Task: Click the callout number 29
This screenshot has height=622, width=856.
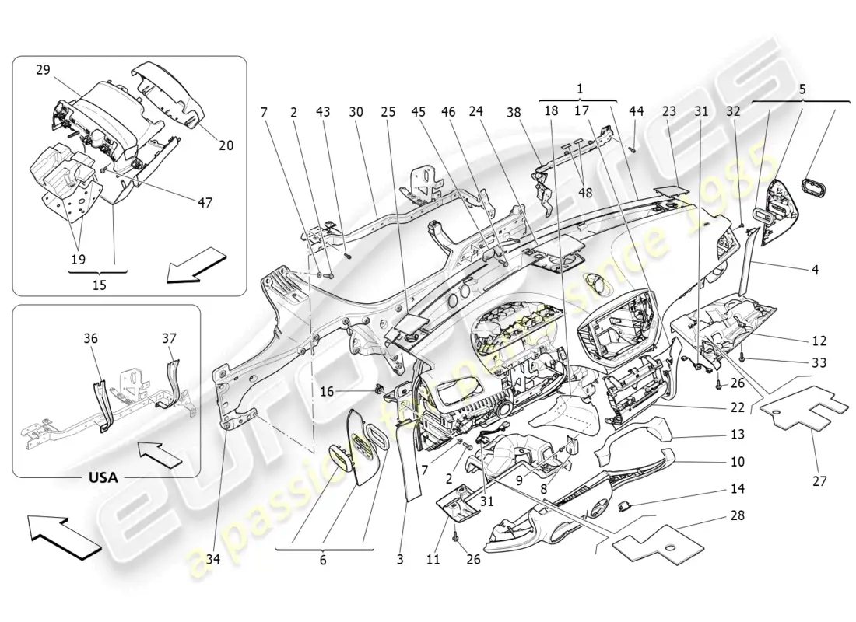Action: pos(42,70)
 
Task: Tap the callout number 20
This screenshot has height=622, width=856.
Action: pos(226,145)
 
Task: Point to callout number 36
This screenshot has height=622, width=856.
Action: pos(91,338)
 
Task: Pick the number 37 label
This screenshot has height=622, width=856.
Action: pos(169,338)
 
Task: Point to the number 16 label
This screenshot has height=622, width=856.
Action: pos(327,392)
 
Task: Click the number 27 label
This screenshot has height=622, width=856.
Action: pos(819,481)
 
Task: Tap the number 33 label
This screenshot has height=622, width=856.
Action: pos(818,362)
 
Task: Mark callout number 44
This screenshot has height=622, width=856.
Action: pos(637,112)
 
